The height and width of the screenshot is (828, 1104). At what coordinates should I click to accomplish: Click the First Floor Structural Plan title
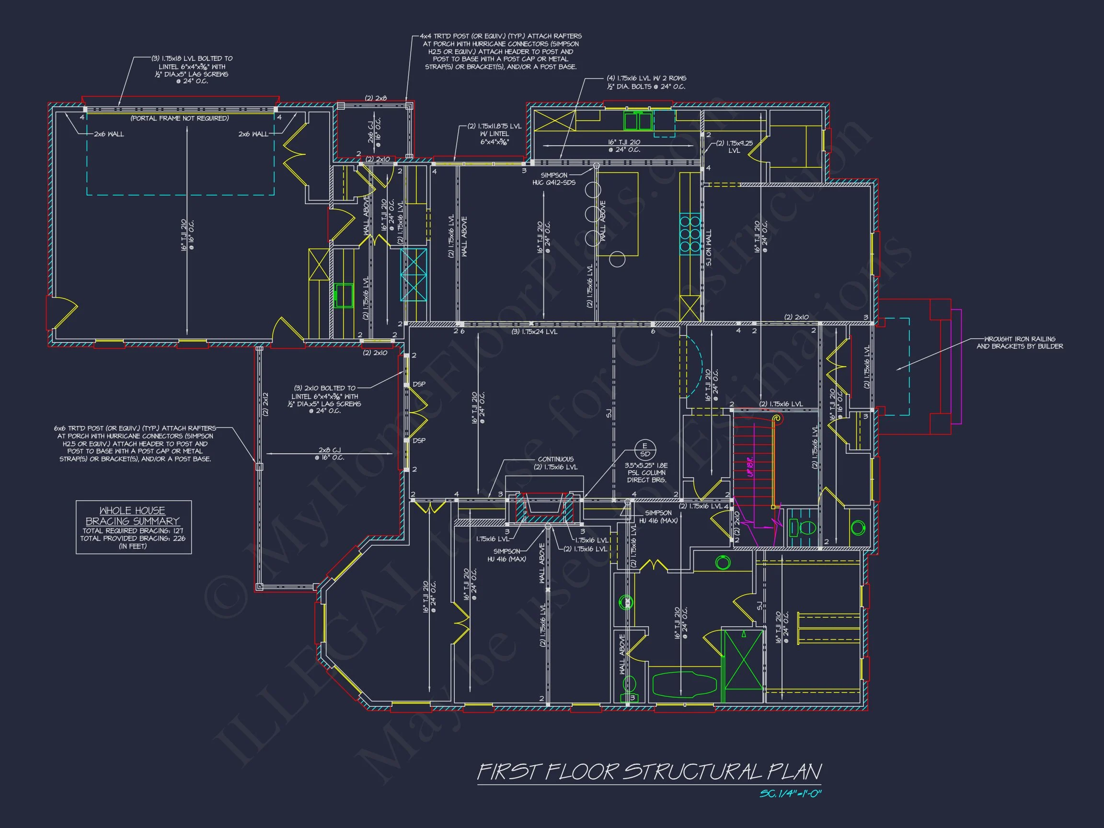649,771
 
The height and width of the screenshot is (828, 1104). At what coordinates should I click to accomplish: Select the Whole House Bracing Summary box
133,527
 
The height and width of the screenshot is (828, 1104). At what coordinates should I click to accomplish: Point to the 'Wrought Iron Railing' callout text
1019,343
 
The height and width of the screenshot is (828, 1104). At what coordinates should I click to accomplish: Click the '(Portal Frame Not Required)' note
180,118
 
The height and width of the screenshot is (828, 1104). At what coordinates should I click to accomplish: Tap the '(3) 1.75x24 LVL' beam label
534,332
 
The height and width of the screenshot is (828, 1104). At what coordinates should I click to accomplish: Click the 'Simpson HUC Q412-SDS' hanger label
554,179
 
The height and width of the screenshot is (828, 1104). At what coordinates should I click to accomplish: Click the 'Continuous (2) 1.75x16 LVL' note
555,463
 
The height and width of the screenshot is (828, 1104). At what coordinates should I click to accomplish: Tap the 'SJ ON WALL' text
709,248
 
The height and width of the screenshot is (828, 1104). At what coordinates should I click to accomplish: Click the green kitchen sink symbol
638,121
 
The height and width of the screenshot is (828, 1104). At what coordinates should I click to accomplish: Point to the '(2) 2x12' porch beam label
265,404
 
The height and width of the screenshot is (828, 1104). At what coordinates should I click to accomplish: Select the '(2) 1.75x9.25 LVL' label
734,147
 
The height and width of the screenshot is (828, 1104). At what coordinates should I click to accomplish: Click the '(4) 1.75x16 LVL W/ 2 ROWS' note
646,82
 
